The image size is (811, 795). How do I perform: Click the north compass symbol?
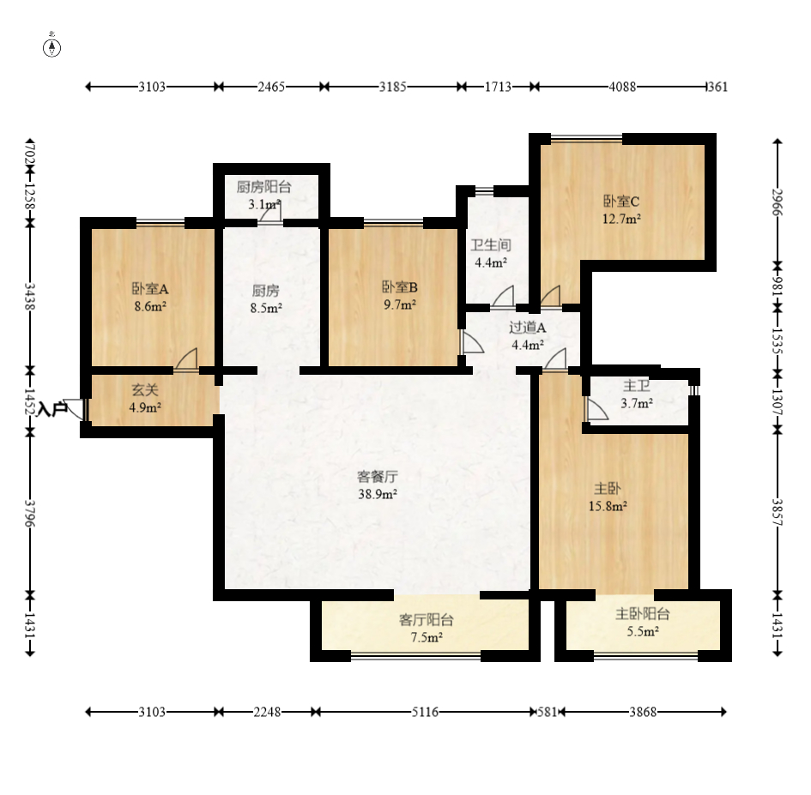51,47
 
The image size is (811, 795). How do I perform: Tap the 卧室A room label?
149,288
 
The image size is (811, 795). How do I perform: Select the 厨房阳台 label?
263,187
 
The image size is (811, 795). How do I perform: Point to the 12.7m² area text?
621,220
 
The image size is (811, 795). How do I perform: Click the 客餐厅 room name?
378,477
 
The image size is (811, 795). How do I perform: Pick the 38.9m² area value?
378,494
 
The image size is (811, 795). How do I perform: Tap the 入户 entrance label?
52,409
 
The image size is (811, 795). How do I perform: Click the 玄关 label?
145,389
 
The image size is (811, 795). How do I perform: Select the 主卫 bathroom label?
636,386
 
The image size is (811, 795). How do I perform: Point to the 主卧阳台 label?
643,613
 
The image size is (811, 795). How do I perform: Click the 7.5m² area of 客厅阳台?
427,637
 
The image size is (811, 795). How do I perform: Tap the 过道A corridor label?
528,328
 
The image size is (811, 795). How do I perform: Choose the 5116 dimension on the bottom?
425,712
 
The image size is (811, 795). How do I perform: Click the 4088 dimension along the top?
622,87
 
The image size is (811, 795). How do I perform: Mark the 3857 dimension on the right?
777,512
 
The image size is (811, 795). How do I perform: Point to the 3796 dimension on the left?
30,513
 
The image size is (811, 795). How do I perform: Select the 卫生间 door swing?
503,298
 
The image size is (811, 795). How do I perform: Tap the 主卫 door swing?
596,408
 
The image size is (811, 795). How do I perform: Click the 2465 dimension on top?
271,87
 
